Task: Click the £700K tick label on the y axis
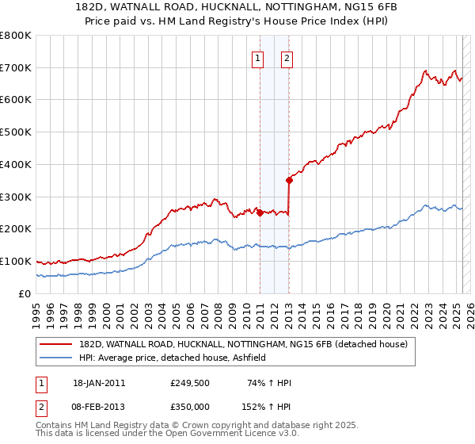16,67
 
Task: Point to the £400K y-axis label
16,164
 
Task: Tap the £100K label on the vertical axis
16,261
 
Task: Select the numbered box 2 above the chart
286,57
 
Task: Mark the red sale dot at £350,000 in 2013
289,180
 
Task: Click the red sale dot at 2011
260,212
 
